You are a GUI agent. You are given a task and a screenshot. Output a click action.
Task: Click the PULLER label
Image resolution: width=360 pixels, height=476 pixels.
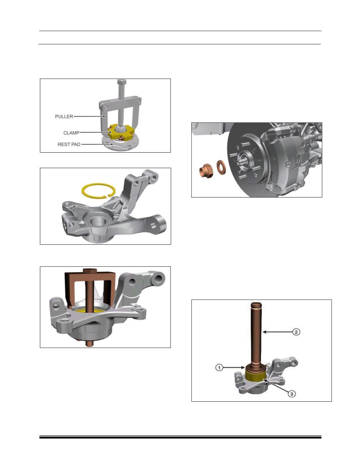(x=64, y=116)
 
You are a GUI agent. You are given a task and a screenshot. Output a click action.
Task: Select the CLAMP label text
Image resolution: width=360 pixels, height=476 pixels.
(x=71, y=133)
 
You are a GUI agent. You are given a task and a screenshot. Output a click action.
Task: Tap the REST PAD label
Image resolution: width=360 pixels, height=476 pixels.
(x=69, y=144)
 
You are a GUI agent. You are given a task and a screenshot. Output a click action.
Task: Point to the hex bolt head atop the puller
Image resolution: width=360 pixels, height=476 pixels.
(x=122, y=82)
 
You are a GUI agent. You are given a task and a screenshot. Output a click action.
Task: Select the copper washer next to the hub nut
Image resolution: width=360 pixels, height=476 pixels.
(x=221, y=167)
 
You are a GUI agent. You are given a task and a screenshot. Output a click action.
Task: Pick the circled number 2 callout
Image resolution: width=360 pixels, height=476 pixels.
(x=296, y=332)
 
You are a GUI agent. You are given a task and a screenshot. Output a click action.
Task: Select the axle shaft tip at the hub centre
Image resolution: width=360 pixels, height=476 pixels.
(x=241, y=161)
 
